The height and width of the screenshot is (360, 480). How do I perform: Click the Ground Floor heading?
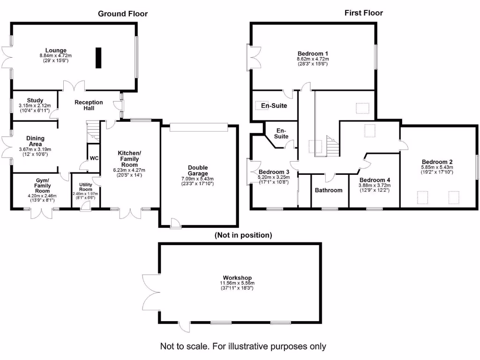coord(122,14)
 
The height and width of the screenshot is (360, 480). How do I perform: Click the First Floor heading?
coord(363,13)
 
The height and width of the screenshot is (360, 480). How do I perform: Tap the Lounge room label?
coord(56,51)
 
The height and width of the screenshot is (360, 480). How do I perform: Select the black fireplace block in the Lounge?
coord(99,58)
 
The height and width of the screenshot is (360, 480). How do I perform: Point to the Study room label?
coord(35,100)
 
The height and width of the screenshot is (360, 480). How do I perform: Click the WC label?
coord(94,158)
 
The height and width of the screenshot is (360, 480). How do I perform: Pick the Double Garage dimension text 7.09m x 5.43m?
coord(198,179)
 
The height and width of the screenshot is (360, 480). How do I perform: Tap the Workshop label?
coord(240,277)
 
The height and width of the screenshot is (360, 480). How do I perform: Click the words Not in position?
coord(243,235)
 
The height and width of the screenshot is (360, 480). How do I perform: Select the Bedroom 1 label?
coord(313,53)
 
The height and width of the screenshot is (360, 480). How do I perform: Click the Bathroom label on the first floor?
coord(329,190)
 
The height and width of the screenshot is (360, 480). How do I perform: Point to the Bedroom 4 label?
coord(375,180)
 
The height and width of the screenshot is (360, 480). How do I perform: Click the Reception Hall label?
coord(89,105)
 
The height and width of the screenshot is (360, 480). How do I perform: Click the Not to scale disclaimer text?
coord(243,346)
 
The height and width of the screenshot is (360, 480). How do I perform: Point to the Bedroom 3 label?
coord(275,172)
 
